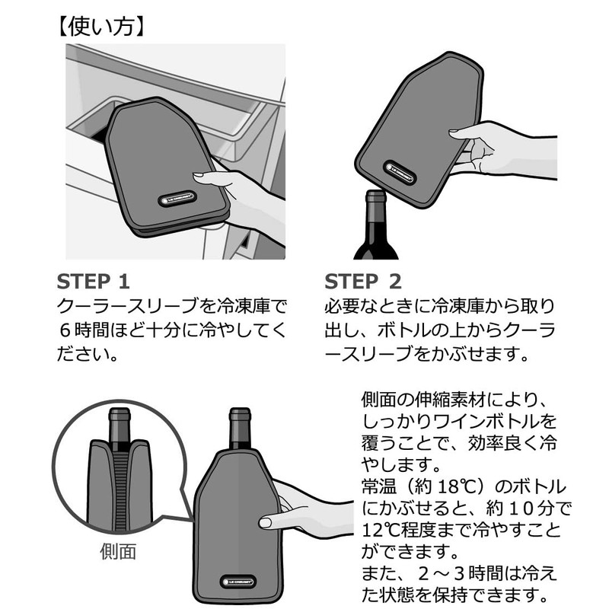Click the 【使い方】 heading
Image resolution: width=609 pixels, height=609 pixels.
pos(102,27)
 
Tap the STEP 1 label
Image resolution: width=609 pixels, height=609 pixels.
pos(93,282)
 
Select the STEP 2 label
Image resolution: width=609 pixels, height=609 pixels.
pos(363,282)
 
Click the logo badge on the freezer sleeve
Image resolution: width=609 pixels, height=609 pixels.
pos(177,199)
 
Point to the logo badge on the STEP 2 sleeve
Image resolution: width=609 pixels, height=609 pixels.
pos(400,173)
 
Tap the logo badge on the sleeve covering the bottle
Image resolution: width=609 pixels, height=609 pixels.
pos(238,582)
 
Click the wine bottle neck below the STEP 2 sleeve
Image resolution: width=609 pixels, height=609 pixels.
pos(375,212)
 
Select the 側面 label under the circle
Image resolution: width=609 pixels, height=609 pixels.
pos(118,551)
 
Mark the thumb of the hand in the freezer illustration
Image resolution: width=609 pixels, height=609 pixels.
pos(212,177)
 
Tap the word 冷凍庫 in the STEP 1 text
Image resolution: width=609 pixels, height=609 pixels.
pos(243,306)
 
